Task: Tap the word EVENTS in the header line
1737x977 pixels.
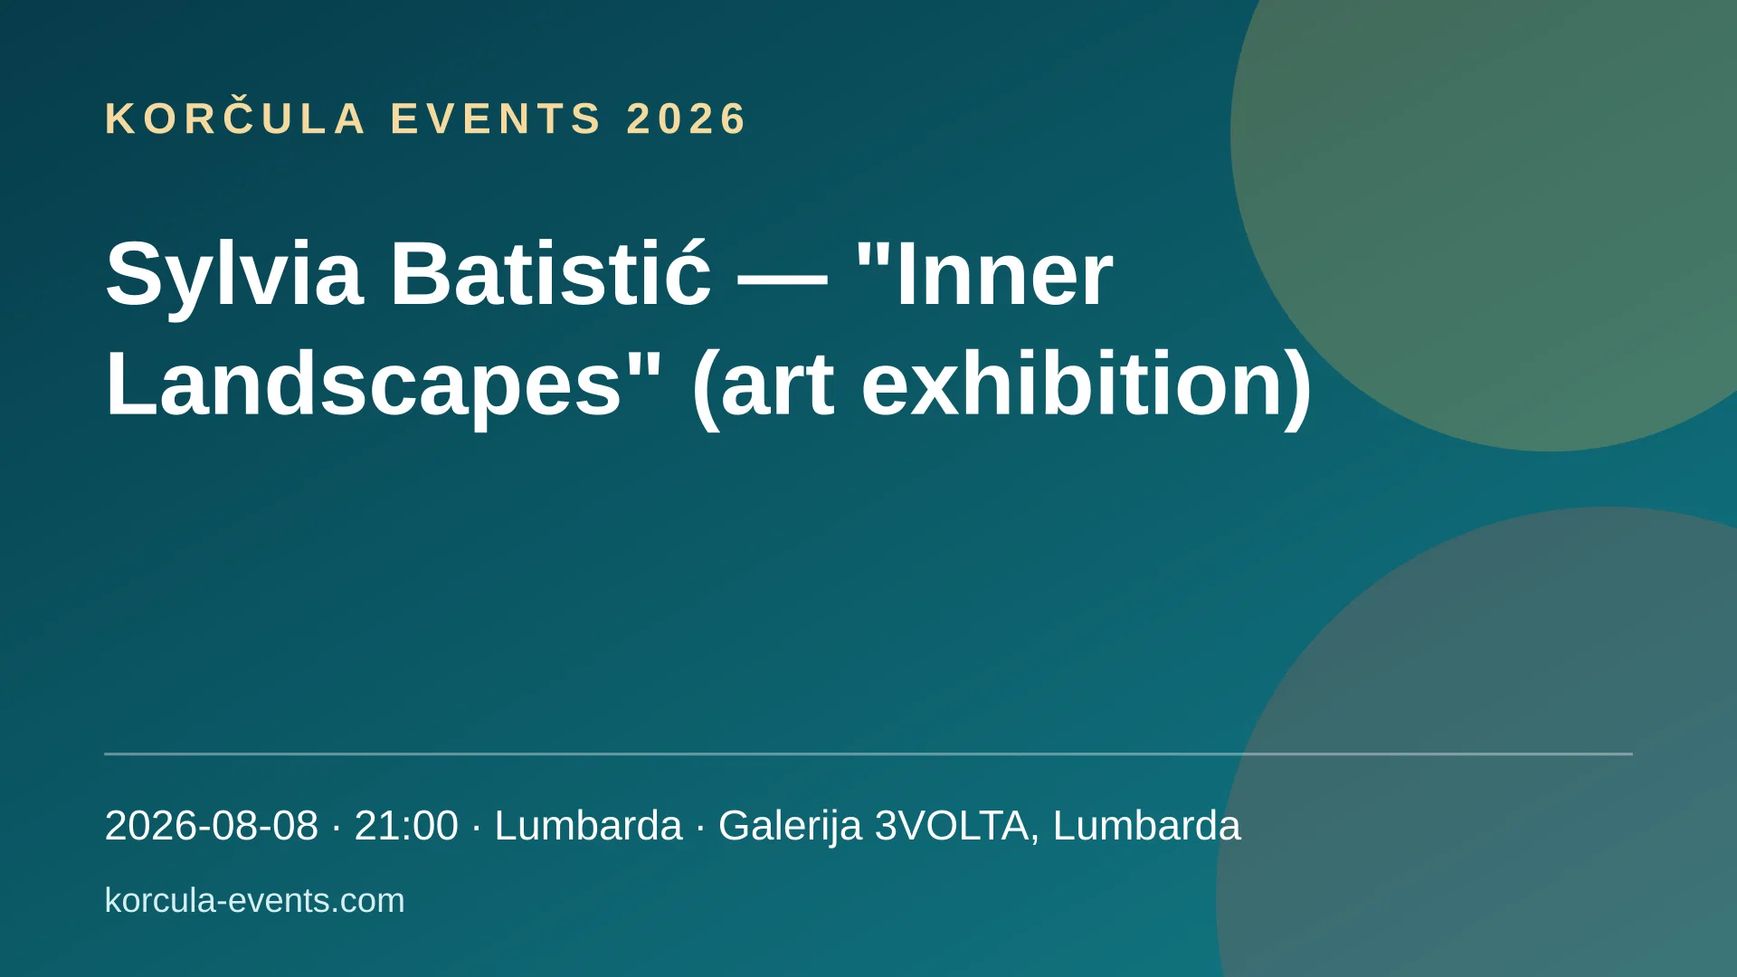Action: pos(496,119)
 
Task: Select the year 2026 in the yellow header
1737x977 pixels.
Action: pos(687,119)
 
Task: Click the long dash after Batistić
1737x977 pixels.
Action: pos(783,279)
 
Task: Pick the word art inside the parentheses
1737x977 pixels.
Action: pos(777,386)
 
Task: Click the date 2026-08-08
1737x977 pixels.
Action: pos(212,826)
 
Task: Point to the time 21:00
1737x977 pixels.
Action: pos(406,826)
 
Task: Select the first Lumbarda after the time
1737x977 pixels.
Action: pos(588,826)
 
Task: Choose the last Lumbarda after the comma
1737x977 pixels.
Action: pos(1146,826)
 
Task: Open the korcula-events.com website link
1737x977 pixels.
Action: pos(255,901)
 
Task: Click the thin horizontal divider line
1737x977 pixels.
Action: pos(868,754)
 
